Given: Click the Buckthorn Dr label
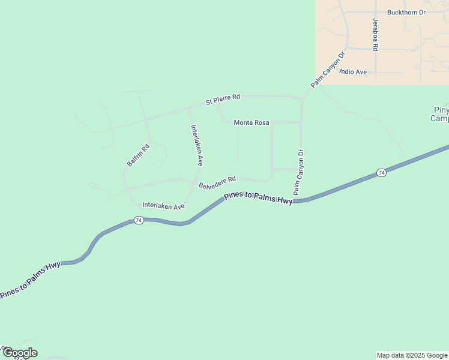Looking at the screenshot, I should (406, 12).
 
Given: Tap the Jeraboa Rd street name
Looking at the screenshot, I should (376, 34).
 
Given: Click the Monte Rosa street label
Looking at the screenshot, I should (251, 122).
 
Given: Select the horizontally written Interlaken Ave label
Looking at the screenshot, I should (163, 206).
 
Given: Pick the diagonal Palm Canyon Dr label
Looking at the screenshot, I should (328, 70).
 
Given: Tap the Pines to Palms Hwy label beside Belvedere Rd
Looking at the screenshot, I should (258, 199).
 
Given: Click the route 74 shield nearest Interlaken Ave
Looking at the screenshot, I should (139, 220).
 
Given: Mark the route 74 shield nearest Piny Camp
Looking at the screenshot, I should (381, 173).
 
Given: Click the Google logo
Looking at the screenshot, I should (19, 353).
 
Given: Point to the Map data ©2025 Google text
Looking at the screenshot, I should (412, 355).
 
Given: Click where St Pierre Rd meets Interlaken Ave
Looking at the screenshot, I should (188, 109).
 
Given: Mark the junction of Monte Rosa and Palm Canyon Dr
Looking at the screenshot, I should (301, 122).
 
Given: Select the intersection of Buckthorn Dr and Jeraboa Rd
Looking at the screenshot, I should (376, 12).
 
